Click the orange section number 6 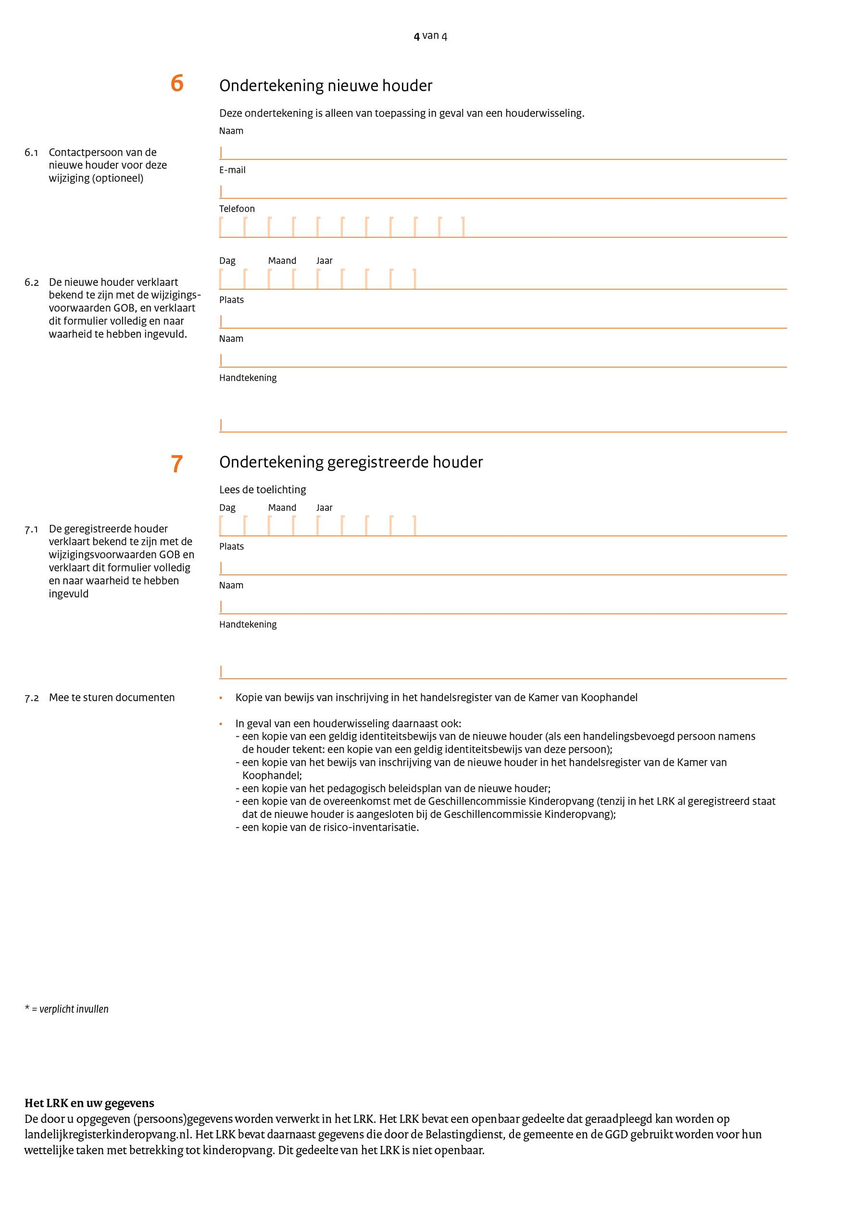point(177,84)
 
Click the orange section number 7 point(177,464)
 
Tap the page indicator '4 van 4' point(430,36)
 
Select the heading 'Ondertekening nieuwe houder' point(326,86)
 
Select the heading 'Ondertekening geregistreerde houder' point(351,462)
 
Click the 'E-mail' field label point(232,170)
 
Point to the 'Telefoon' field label point(237,209)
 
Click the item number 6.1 point(32,153)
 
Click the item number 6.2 point(32,282)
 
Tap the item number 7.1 point(32,530)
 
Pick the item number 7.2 point(32,698)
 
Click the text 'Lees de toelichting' point(263,490)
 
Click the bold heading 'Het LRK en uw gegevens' point(89,1103)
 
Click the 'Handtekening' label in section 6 point(248,378)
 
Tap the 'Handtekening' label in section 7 point(248,624)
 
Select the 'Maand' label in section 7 point(282,508)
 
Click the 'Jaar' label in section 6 point(324,261)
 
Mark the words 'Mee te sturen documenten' point(112,697)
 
